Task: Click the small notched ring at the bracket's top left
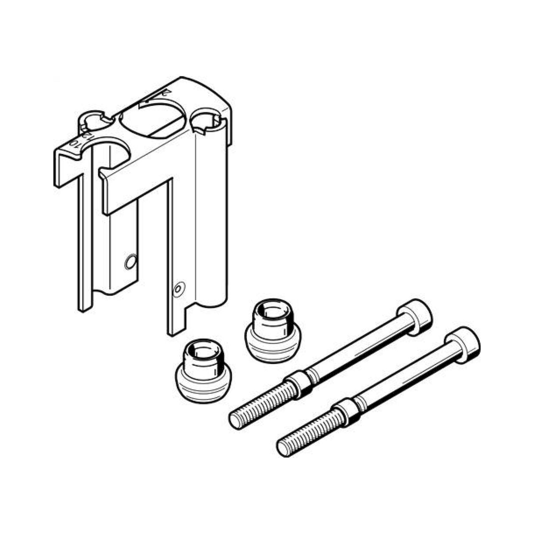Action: pyautogui.click(x=94, y=121)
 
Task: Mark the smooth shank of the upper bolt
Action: pyautogui.click(x=359, y=351)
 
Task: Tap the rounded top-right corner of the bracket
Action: pyautogui.click(x=221, y=94)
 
